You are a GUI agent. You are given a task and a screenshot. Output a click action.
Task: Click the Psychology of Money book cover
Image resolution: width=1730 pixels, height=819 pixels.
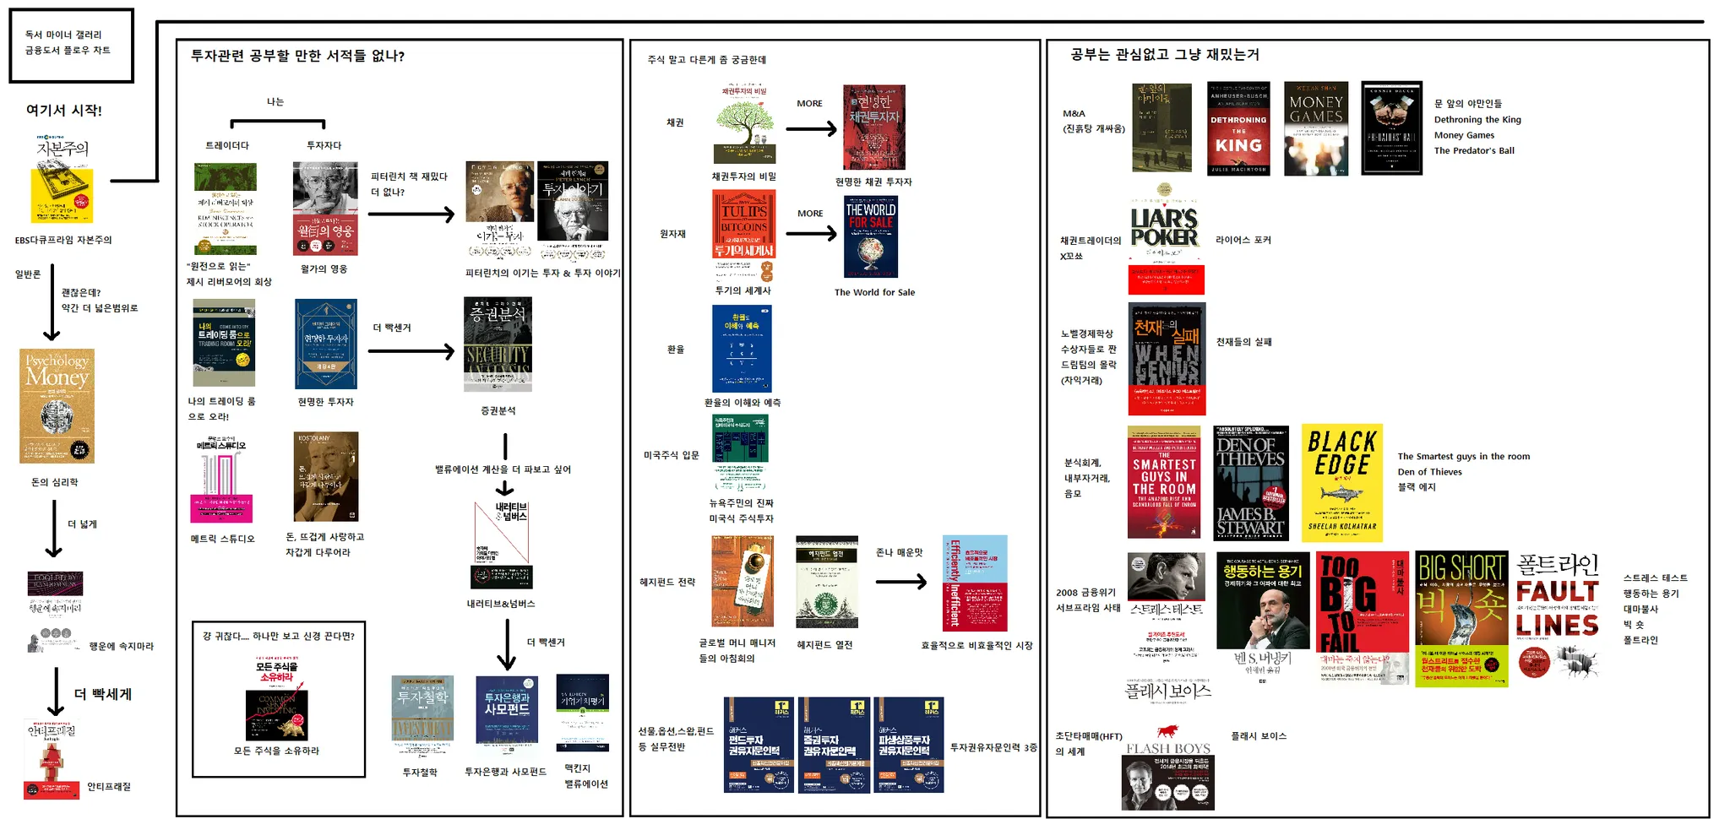coord(57,405)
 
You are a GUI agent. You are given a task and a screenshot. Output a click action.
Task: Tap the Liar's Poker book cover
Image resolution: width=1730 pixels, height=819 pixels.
coord(1166,239)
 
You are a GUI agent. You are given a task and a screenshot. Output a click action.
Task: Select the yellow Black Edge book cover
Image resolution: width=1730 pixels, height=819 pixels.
coord(1341,483)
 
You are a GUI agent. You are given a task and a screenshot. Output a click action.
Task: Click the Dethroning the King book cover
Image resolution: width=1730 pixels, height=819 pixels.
coord(1238,128)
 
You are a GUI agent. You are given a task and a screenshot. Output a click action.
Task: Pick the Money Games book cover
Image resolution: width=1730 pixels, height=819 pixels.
coord(1315,128)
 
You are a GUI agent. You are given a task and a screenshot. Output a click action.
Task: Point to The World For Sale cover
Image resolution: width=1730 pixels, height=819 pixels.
coord(870,236)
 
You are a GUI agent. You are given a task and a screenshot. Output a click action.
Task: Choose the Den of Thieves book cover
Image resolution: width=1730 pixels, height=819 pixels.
coord(1251,483)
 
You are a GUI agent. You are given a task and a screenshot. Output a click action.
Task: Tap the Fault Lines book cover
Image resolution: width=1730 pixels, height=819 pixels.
coord(1558,616)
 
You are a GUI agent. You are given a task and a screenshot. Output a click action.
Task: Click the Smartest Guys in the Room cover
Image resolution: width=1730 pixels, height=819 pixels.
coord(1163,482)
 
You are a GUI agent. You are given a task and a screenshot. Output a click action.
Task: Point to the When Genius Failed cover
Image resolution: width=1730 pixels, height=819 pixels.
coord(1167,359)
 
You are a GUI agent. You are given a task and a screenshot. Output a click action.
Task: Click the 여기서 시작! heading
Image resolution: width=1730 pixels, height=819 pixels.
coord(63,110)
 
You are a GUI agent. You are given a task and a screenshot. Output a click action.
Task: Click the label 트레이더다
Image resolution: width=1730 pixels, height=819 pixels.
coord(227,145)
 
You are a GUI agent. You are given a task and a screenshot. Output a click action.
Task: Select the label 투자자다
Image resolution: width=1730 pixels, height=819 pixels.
coord(324,145)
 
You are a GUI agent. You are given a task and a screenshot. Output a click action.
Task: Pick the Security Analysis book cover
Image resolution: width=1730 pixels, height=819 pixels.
coord(498,344)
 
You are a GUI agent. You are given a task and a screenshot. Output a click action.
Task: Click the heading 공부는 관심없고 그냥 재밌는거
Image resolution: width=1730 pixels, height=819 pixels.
coord(1164,55)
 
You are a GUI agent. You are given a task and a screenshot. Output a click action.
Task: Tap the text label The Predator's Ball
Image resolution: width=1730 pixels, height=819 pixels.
coord(1473,150)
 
